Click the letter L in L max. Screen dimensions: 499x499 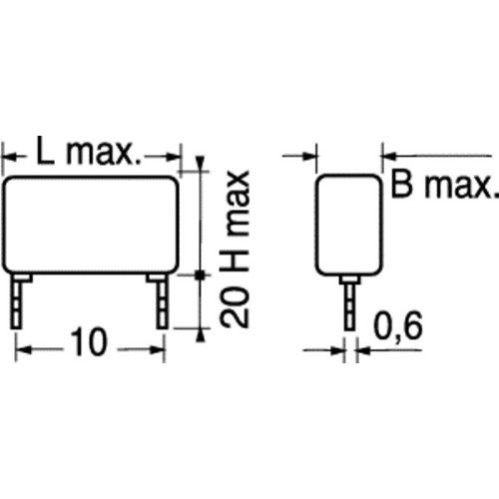45,151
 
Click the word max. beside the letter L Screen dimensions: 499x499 104,154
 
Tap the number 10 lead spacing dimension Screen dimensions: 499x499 89,341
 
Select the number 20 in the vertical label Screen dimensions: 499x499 235,306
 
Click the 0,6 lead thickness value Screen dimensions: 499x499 398,325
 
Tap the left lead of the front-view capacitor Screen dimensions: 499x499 17,301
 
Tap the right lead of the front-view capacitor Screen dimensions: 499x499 162,301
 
